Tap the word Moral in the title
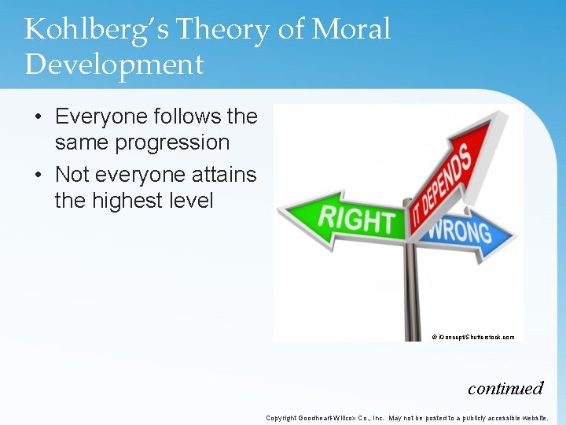point(351,30)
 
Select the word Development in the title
point(114,65)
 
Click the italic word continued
point(505,387)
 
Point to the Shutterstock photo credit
point(473,337)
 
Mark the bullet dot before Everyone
point(38,117)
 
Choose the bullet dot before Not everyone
point(38,175)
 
